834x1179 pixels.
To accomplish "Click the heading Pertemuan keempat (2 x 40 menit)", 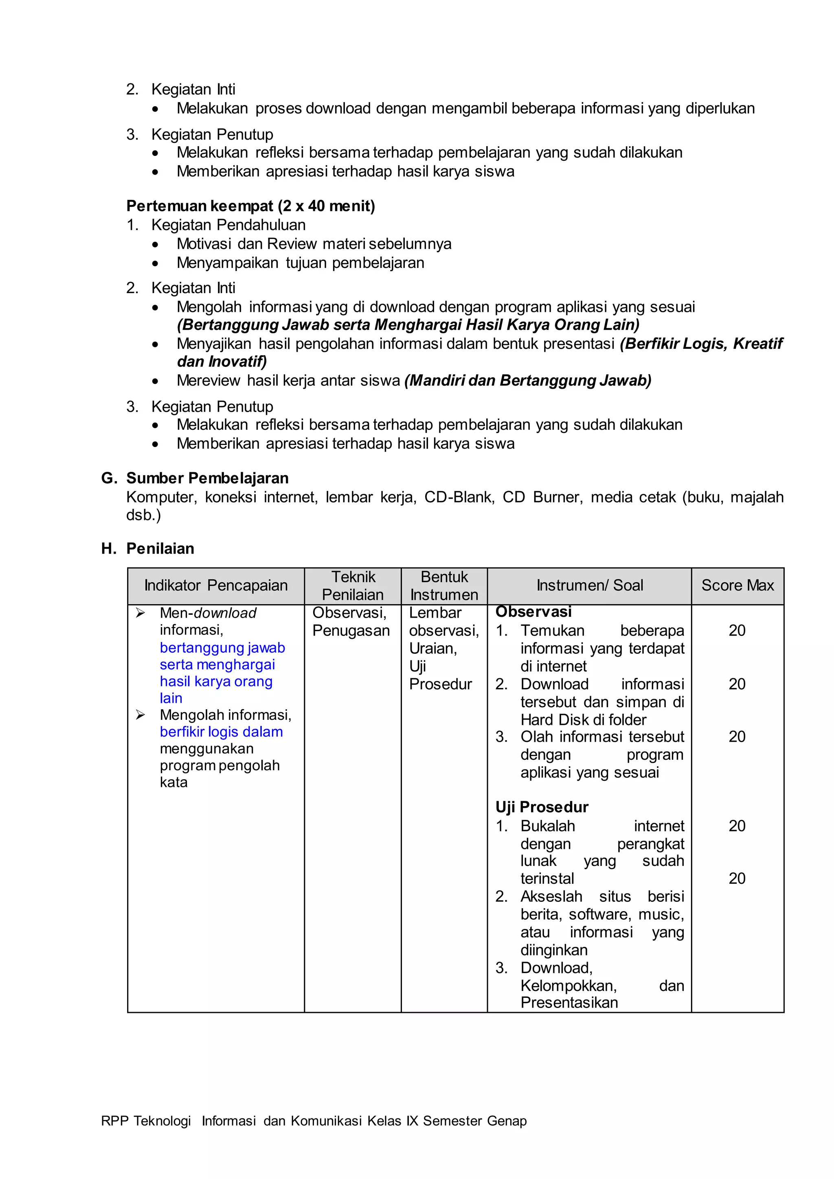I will pyautogui.click(x=250, y=206).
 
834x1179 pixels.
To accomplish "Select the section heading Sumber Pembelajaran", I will pyautogui.click(x=207, y=478).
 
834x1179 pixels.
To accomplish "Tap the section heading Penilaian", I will pyautogui.click(x=160, y=548).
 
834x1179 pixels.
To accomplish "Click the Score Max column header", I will pyautogui.click(x=737, y=585).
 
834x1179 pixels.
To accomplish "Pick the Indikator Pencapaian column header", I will pyautogui.click(x=216, y=585).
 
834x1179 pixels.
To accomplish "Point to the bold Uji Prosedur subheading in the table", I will pyautogui.click(x=541, y=807).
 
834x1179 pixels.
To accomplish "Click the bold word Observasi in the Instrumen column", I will pyautogui.click(x=533, y=611).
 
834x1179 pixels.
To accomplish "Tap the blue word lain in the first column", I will pyautogui.click(x=171, y=698).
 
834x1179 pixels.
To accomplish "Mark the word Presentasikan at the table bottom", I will pyautogui.click(x=569, y=1002).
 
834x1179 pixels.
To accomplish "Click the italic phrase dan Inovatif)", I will pyautogui.click(x=222, y=362).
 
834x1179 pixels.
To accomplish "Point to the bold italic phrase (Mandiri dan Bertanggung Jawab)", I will pyautogui.click(x=527, y=381).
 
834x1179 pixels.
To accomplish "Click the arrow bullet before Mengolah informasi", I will pyautogui.click(x=140, y=715).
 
